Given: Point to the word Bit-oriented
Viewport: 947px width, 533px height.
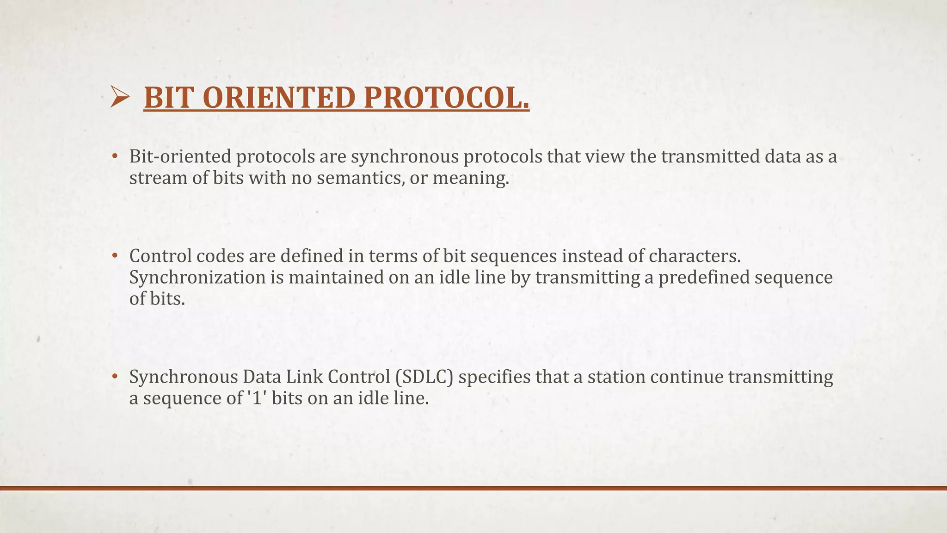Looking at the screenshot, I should [x=180, y=157].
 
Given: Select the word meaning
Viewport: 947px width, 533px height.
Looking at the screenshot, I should [x=470, y=178].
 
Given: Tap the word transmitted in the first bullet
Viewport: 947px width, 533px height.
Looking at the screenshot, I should [x=710, y=157].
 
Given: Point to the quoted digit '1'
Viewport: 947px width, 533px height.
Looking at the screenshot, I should [x=257, y=398].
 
